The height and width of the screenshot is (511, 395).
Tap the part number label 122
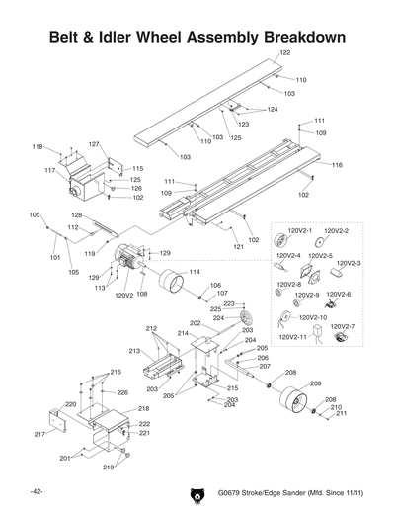284,52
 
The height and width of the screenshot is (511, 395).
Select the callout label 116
337,165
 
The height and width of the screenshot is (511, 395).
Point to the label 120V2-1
299,230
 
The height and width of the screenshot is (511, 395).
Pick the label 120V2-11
294,337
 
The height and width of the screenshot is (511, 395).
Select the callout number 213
134,351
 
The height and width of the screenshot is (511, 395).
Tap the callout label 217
39,434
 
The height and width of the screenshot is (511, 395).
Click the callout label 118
37,146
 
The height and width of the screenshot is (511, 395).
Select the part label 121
238,246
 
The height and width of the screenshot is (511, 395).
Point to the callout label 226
122,392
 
